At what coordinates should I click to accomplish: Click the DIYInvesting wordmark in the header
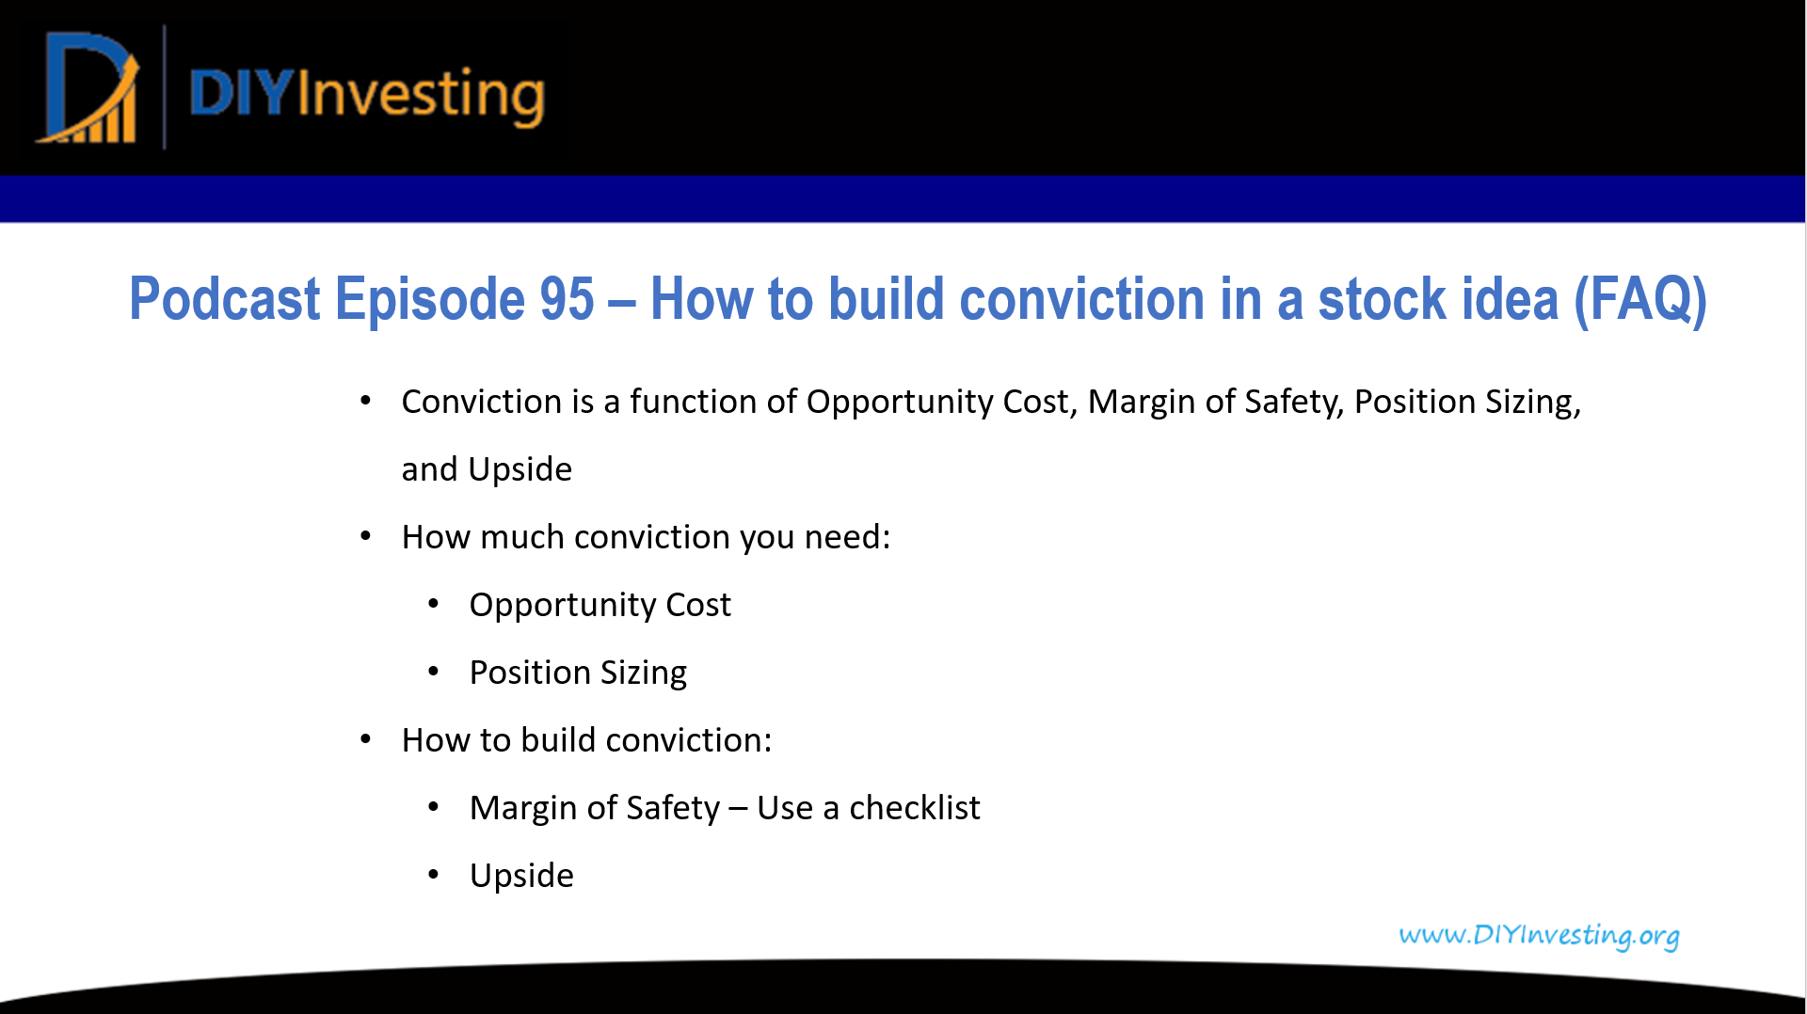(x=367, y=94)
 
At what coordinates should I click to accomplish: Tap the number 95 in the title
(x=567, y=299)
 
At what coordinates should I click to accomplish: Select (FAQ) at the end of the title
(x=1640, y=299)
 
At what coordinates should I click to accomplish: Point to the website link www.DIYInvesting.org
(x=1539, y=935)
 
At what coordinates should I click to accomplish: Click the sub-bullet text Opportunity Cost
(x=600, y=605)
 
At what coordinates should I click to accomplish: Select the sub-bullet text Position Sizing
(x=578, y=673)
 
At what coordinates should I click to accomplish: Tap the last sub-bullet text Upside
(x=521, y=876)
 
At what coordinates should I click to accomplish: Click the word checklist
(x=914, y=808)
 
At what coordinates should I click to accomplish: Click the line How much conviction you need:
(x=646, y=537)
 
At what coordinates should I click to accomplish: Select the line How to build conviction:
(x=586, y=740)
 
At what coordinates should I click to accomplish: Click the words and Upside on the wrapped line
(x=487, y=469)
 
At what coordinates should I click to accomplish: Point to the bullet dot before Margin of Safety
(x=434, y=807)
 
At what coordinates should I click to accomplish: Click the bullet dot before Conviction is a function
(x=366, y=402)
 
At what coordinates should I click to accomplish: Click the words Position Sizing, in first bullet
(x=1467, y=402)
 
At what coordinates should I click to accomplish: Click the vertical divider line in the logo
(x=165, y=87)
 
